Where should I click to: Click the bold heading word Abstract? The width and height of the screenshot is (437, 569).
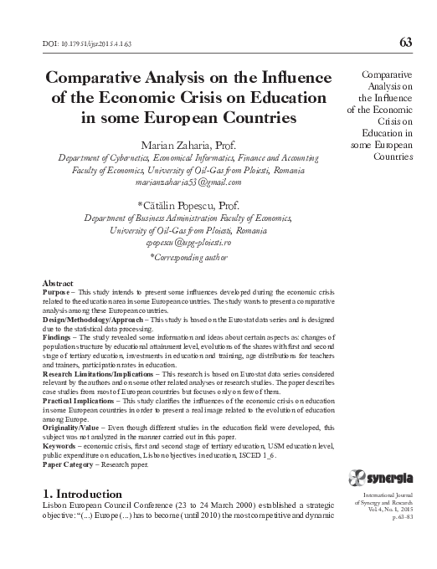(x=58, y=285)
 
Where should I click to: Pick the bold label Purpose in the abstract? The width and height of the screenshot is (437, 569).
(x=57, y=294)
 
